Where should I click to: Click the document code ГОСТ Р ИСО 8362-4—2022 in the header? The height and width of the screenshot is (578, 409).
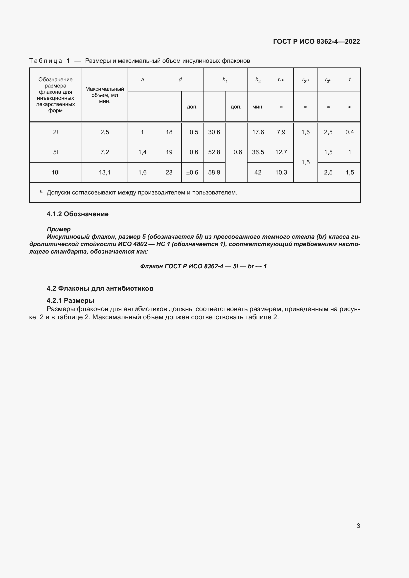[x=316, y=42]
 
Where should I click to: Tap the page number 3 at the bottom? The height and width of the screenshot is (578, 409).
[x=358, y=526]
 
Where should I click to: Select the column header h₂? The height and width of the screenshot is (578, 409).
[x=258, y=80]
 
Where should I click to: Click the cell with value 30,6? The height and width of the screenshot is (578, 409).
[x=214, y=132]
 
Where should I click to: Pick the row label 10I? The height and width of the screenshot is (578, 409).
[x=55, y=172]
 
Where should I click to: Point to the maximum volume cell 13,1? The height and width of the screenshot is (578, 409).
[x=105, y=172]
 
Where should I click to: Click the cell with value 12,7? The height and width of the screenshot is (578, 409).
[x=281, y=152]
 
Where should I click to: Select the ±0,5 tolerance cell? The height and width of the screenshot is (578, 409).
[x=192, y=132]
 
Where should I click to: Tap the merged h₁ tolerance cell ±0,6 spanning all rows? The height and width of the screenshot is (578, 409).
[x=236, y=152]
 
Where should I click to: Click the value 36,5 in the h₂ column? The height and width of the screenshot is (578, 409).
[x=258, y=152]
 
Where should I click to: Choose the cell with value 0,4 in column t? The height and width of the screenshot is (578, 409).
[x=350, y=132]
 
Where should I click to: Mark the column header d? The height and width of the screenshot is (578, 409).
[x=180, y=80]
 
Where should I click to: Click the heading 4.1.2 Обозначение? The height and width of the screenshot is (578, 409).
[x=78, y=214]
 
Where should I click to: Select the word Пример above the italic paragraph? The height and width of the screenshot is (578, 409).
[x=59, y=229]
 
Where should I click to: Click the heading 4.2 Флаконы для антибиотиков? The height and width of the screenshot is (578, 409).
[x=100, y=288]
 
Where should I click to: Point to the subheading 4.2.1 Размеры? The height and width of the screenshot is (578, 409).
[x=70, y=300]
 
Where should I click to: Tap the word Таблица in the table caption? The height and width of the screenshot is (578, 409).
[x=45, y=61]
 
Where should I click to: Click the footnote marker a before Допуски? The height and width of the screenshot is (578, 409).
[x=41, y=191]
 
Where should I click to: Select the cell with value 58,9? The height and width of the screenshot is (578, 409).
[x=214, y=172]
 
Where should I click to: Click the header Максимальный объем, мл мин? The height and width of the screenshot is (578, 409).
[x=105, y=95]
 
